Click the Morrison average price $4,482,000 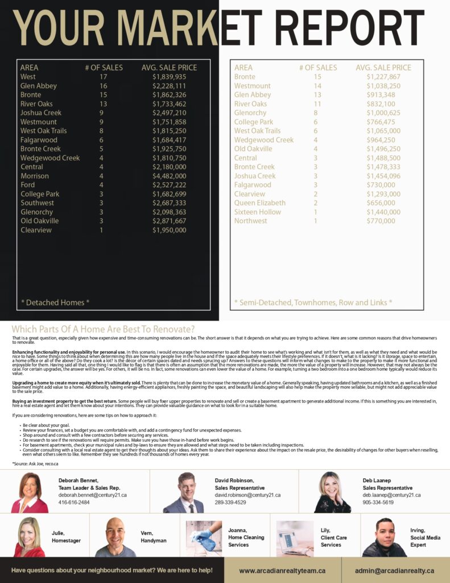tap(169, 176)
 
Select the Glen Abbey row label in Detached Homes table tap(39, 86)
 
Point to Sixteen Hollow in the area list tap(258, 212)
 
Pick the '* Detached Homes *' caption tap(55, 302)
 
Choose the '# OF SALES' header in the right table tap(318, 68)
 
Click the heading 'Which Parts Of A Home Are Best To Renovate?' tap(103, 329)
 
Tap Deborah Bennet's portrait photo tap(30, 492)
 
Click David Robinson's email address tap(247, 495)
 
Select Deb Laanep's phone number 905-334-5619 tap(378, 503)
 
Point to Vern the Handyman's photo tap(115, 537)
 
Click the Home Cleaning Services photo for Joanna tap(204, 536)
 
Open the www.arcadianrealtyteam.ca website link tap(282, 570)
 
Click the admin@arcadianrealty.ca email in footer tap(394, 570)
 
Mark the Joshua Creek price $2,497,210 tap(169, 113)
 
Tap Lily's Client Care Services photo tap(295, 537)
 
